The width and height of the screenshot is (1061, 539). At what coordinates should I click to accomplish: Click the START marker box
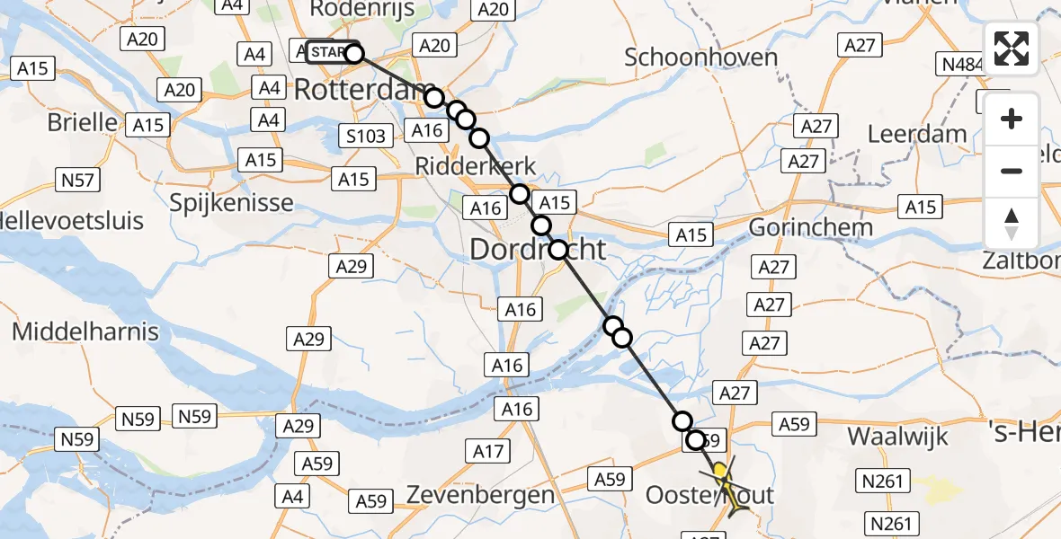(x=329, y=52)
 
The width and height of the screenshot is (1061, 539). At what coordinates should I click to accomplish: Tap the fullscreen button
(x=1012, y=48)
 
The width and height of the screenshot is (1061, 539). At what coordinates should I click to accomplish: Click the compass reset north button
(x=1012, y=224)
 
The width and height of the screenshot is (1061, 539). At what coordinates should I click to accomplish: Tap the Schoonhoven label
(x=701, y=57)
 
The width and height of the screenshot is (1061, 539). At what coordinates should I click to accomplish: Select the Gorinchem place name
(x=810, y=226)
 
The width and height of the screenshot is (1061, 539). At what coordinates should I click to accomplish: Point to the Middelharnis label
(x=85, y=331)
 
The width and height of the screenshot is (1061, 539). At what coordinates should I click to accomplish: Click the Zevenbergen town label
(x=480, y=494)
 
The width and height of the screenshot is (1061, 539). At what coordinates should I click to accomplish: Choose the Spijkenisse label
(x=231, y=201)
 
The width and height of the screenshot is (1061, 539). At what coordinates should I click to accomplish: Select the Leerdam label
(x=917, y=135)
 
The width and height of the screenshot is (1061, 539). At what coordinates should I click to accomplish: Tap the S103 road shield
(x=367, y=137)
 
